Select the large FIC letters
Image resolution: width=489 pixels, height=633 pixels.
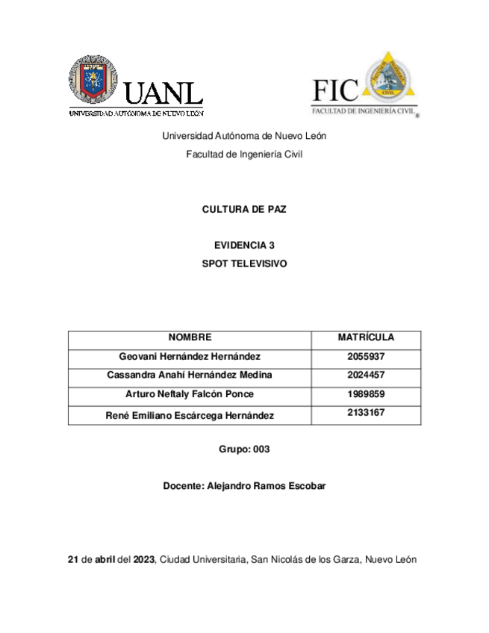point(337,90)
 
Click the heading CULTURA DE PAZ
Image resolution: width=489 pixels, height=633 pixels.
point(244,211)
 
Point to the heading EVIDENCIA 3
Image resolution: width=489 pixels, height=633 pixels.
point(244,245)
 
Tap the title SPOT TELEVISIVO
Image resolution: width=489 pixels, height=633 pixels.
point(244,264)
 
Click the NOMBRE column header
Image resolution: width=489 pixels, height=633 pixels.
point(190,338)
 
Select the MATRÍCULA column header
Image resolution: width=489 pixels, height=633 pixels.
point(366,338)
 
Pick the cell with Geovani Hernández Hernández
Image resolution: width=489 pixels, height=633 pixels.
point(190,357)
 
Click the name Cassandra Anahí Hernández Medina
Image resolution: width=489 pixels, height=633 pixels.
point(190,375)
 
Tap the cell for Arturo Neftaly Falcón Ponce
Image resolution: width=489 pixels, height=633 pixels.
point(190,394)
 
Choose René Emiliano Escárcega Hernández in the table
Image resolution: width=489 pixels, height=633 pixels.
point(190,414)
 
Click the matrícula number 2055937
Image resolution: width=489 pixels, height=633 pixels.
point(366,357)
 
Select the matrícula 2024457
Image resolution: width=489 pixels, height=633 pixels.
point(366,375)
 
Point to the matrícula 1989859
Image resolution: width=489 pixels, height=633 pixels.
point(366,394)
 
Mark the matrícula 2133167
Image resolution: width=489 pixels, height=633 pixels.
point(366,413)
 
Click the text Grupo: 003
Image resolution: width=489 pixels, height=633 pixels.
point(244,450)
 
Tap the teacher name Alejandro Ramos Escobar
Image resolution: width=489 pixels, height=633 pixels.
point(265,487)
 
